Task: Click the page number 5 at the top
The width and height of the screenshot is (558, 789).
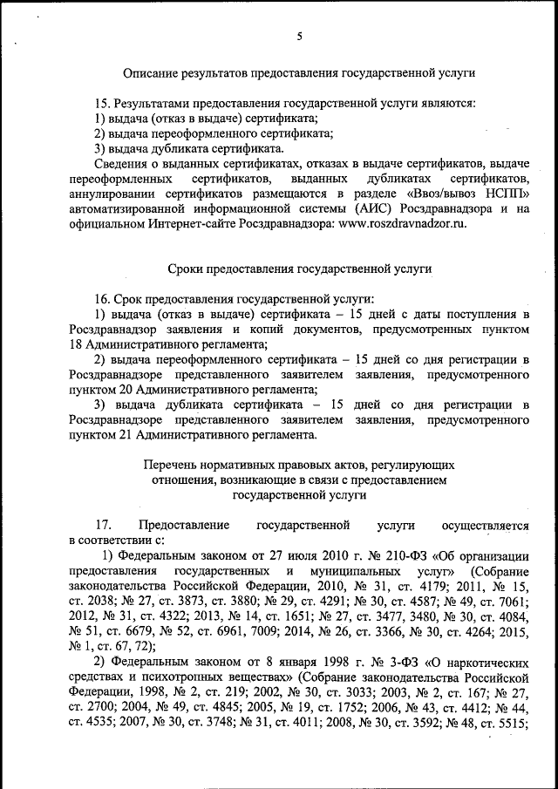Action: pos(299,36)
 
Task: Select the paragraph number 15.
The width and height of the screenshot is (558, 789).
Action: pos(101,103)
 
